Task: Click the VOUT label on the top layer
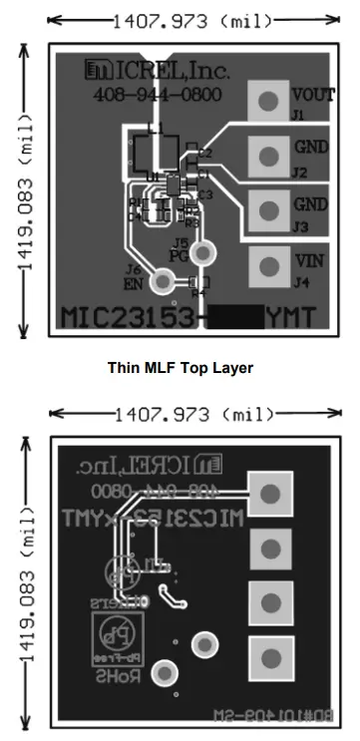314,96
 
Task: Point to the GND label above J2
309,147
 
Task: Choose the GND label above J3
309,203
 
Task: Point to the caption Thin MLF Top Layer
180,368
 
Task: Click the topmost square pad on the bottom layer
269,494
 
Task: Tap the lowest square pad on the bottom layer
269,656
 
